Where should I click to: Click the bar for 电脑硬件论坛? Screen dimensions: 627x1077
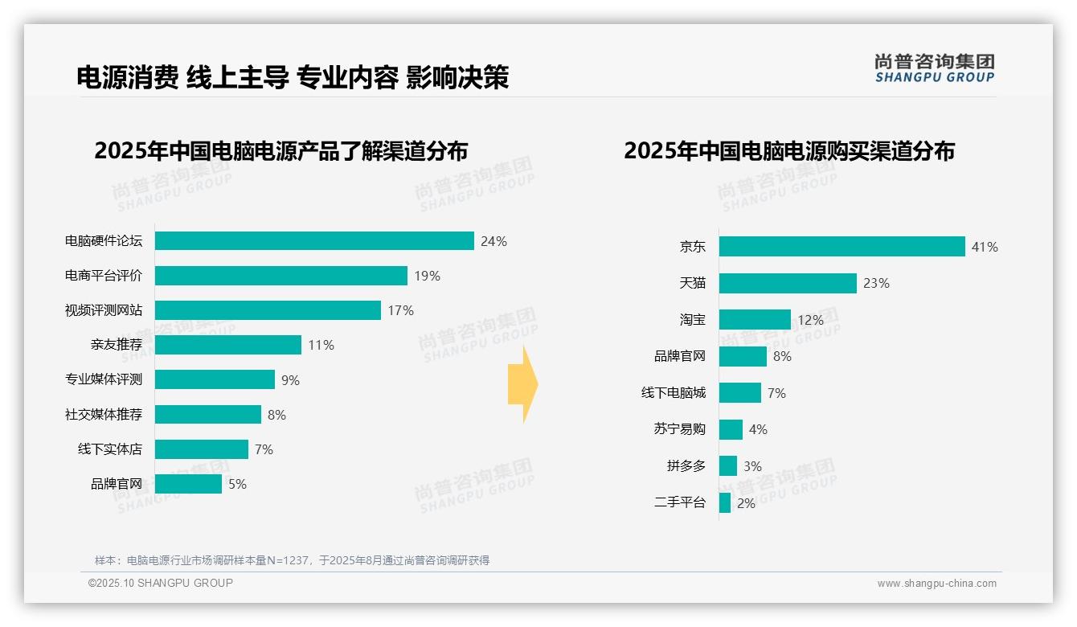(314, 241)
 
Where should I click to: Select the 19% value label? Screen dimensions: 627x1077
(428, 277)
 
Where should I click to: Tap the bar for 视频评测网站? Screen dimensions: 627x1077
(268, 310)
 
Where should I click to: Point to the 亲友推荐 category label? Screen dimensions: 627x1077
(117, 345)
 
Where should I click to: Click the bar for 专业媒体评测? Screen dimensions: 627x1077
(215, 379)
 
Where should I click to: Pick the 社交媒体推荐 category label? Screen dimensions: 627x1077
(104, 415)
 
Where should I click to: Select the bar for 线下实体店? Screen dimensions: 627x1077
(201, 449)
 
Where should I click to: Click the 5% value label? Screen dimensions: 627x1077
(237, 485)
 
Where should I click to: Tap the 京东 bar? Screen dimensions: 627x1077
(842, 247)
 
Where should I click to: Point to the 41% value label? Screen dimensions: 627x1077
(985, 248)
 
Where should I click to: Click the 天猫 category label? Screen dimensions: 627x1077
(693, 283)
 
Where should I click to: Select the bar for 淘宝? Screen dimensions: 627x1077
(755, 320)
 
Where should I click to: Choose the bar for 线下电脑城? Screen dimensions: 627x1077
(739, 393)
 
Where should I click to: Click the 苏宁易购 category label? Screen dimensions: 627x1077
(680, 429)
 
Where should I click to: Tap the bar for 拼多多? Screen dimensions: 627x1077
(728, 466)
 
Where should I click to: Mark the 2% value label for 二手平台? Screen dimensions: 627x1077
(746, 504)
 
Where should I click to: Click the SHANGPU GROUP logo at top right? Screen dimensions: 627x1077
(934, 68)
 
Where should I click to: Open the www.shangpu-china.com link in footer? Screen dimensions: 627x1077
(936, 584)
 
